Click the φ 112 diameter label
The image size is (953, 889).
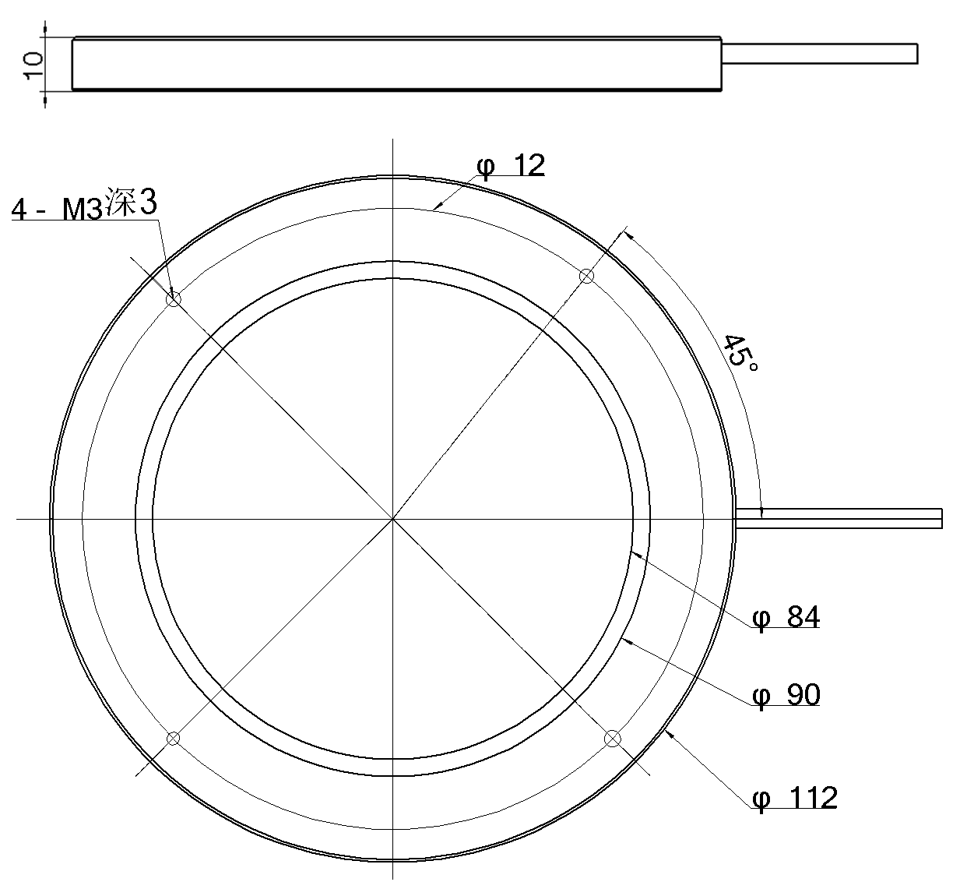795,798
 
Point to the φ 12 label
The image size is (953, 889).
511,166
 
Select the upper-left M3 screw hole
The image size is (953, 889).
174,299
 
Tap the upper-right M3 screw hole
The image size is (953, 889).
587,276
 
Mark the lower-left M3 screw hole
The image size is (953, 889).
173,739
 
